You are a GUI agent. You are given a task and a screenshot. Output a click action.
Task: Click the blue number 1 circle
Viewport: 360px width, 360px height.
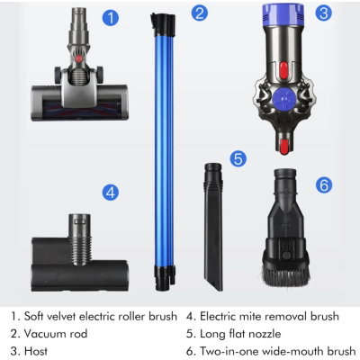[109, 17]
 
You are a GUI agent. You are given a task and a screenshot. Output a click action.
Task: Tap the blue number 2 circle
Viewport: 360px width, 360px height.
[199, 13]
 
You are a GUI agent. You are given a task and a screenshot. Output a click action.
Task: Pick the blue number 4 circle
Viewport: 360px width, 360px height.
[110, 192]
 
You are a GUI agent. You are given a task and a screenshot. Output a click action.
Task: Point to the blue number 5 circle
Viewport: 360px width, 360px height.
[238, 158]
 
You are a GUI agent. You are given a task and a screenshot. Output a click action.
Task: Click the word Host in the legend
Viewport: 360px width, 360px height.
[36, 351]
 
